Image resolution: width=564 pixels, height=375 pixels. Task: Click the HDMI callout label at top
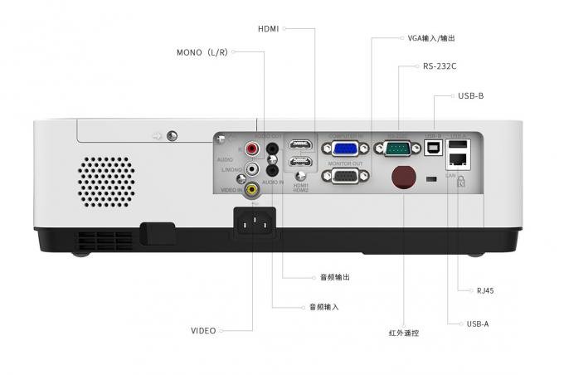268,28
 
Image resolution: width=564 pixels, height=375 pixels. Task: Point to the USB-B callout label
470,96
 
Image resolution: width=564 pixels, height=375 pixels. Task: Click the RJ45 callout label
485,291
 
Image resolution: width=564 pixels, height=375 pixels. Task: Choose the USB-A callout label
478,324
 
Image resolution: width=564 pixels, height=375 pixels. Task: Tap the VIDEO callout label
203,331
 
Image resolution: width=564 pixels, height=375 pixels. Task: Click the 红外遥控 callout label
404,333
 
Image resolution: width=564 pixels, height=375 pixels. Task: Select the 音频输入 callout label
323,307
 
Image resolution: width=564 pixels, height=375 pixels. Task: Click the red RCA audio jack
251,150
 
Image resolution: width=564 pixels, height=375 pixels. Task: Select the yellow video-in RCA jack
251,187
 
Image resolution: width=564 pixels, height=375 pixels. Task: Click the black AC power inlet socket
255,220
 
